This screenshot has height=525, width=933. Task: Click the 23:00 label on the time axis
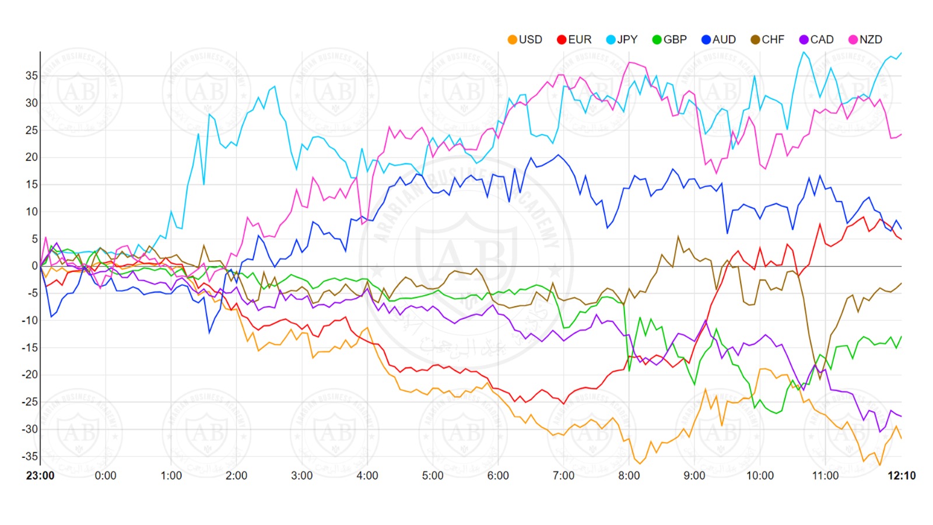[40, 476]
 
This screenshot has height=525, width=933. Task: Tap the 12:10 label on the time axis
[902, 476]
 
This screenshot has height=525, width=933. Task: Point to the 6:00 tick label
[498, 476]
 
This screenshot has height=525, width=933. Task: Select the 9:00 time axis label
[695, 476]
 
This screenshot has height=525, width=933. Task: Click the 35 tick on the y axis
[31, 76]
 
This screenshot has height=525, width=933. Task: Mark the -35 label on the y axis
[30, 456]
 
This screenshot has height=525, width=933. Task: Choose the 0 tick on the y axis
[35, 266]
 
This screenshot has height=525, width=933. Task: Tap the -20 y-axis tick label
[30, 374]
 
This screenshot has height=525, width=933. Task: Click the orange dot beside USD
[513, 40]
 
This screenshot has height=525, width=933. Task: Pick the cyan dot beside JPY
[611, 40]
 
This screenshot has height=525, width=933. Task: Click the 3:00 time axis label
[302, 476]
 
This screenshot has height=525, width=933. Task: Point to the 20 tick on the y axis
[31, 157]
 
